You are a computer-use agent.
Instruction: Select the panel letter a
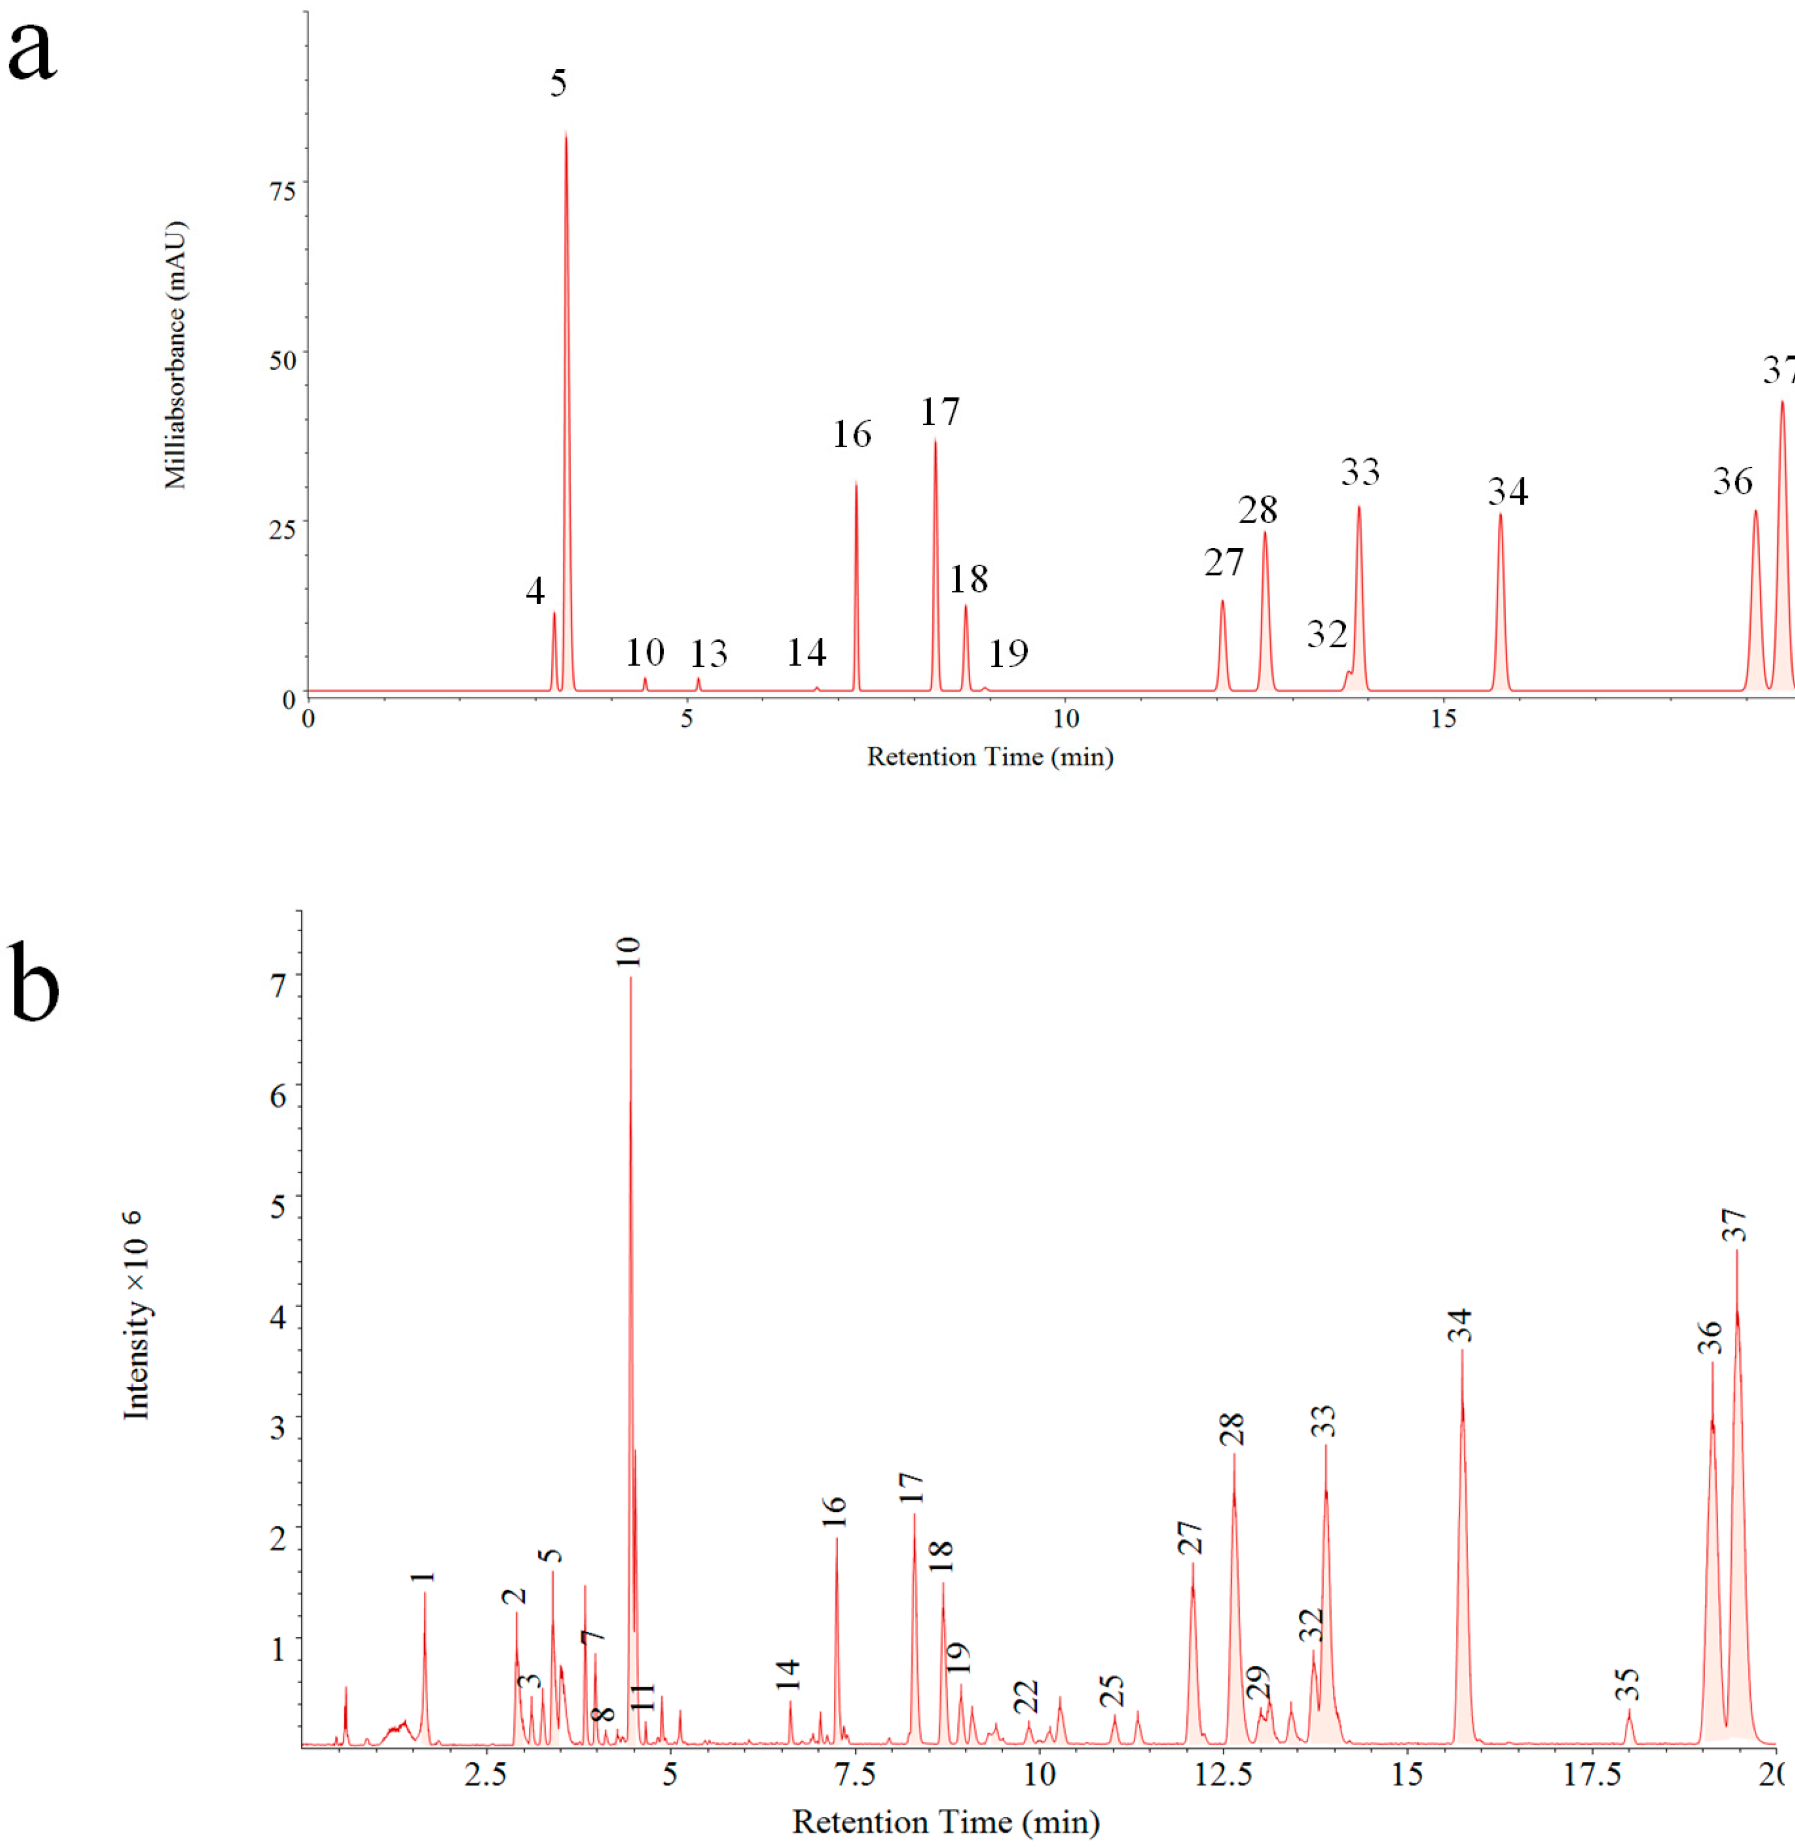tap(32, 52)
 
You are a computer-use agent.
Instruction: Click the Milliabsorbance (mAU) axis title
tap(175, 355)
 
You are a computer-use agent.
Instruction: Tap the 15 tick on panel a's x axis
tap(1443, 719)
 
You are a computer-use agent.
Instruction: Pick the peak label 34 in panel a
tap(1508, 491)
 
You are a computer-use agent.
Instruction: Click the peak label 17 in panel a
tap(940, 412)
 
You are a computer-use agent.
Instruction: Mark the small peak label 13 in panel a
tap(708, 654)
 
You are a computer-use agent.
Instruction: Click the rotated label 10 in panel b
tap(629, 953)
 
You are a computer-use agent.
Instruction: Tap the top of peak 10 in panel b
tap(631, 978)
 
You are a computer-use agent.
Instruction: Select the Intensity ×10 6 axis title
tap(137, 1315)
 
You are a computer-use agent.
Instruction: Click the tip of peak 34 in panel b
tap(1462, 1351)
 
